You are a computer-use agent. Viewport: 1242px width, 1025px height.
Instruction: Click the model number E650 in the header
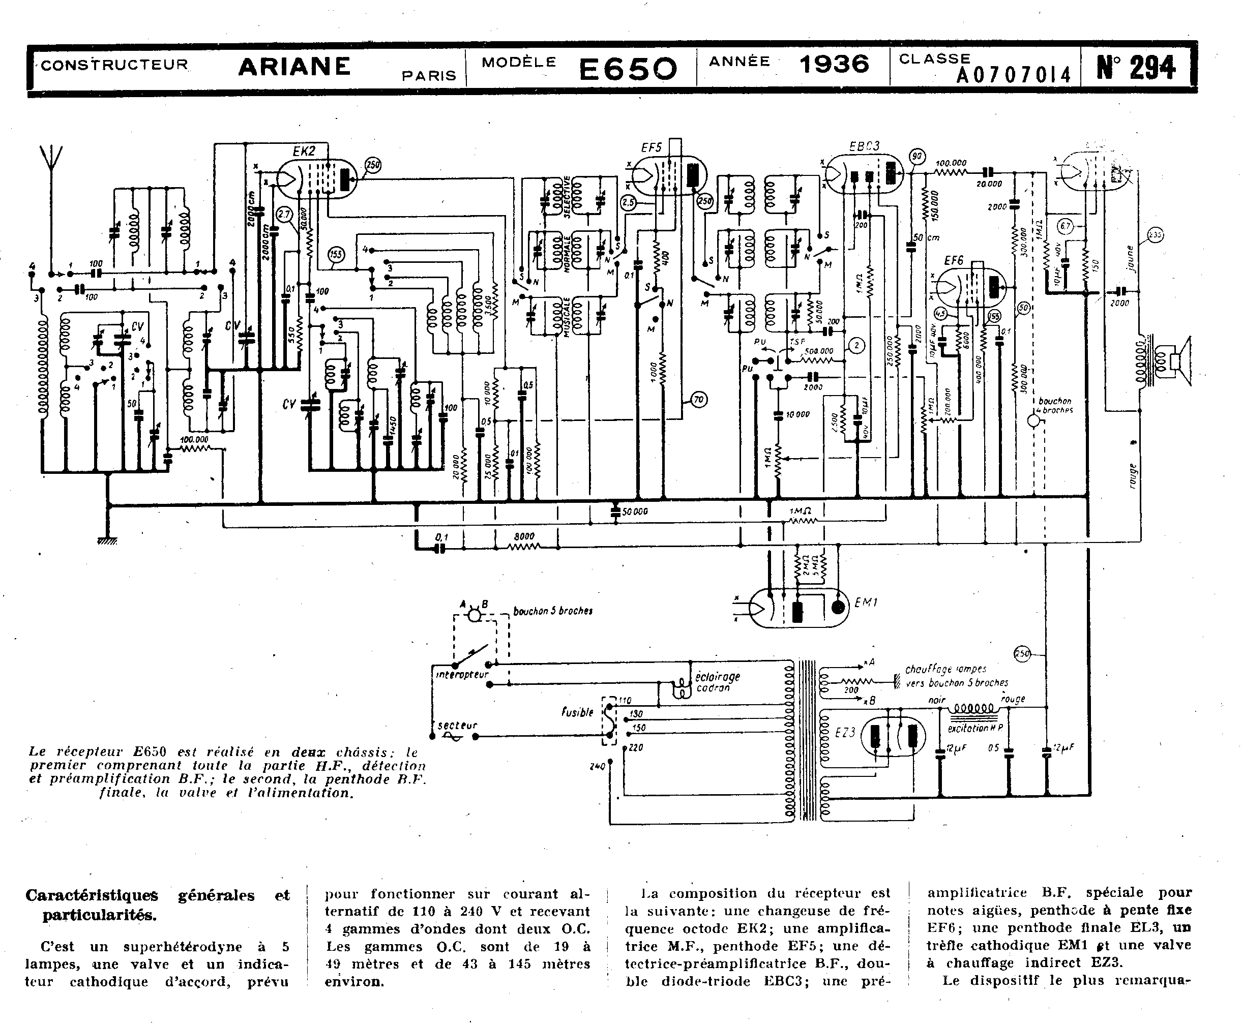627,69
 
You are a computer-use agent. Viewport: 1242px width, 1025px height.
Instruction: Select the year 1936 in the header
834,64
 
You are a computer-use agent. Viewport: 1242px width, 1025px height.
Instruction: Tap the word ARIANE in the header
294,66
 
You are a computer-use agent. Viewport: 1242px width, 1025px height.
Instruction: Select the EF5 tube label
652,147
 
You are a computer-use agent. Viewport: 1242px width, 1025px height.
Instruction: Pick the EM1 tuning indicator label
866,603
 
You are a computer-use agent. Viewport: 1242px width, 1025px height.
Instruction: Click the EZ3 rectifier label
845,733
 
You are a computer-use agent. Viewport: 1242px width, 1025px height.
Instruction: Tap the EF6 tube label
953,260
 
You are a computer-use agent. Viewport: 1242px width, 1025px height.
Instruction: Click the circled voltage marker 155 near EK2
336,255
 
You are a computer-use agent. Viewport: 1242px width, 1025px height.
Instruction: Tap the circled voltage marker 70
699,400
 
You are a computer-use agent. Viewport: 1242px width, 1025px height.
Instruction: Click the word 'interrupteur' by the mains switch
462,674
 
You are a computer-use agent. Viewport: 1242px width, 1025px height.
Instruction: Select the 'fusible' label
577,712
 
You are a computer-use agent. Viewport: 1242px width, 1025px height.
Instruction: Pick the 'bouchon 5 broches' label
553,611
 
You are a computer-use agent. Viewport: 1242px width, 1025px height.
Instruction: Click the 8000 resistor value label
524,536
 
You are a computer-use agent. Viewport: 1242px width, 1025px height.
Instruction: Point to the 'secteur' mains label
457,725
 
